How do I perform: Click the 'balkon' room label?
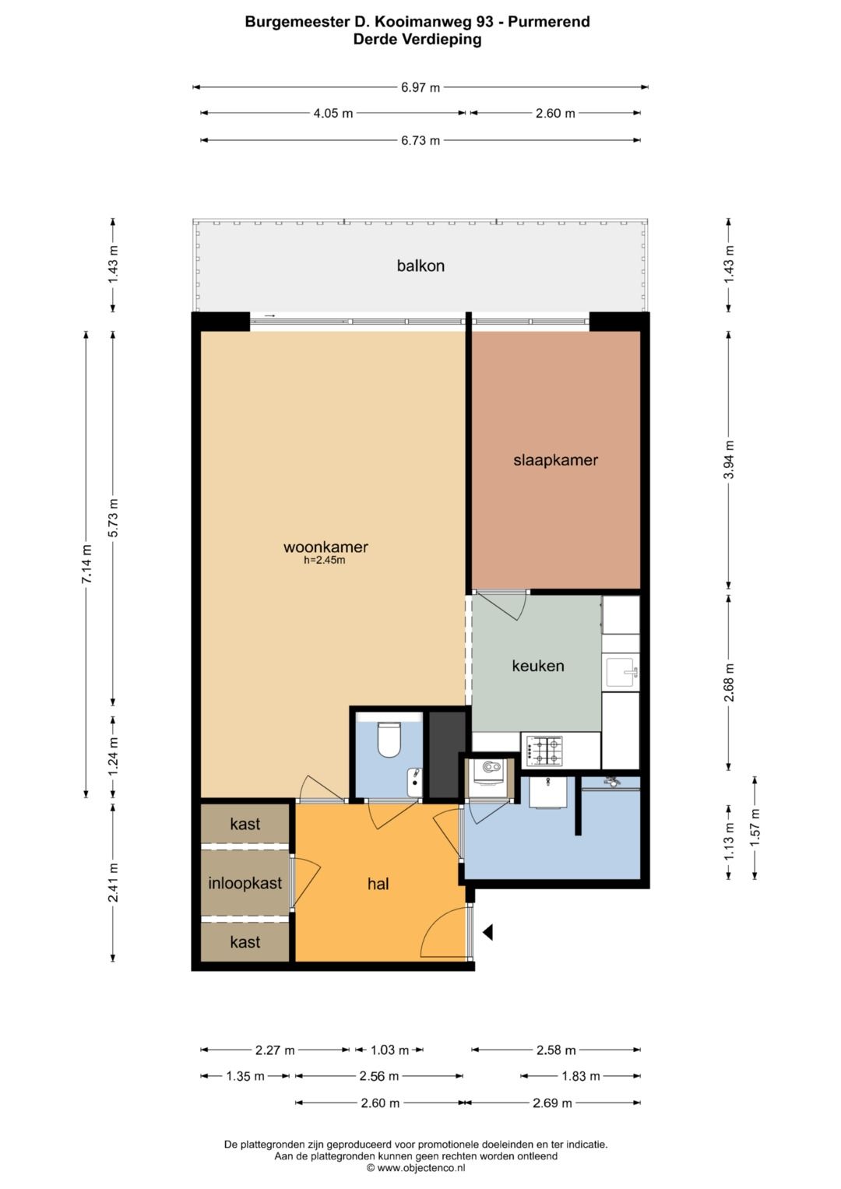420,266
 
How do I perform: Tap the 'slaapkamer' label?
555,459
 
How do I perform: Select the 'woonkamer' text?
325,547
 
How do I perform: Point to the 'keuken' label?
538,666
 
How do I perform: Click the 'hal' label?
378,884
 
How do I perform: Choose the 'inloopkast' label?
245,883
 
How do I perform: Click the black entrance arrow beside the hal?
487,932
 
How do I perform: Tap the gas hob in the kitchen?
544,751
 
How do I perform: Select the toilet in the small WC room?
390,740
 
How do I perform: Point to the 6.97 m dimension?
420,87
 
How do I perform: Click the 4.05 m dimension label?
333,113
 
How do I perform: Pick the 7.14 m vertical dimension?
86,565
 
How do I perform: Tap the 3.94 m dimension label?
729,459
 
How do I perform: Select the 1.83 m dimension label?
581,1076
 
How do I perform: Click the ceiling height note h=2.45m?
325,560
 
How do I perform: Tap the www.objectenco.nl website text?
420,1168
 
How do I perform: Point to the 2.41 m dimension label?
113,883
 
